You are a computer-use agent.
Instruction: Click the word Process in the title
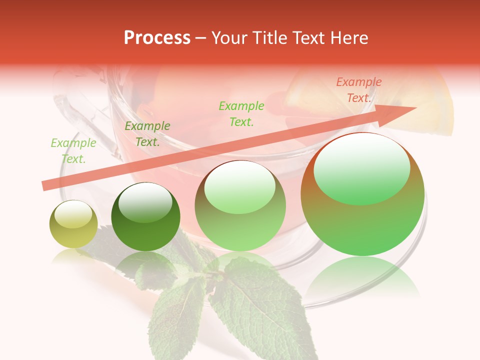click(x=157, y=38)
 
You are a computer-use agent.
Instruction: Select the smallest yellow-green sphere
click(x=73, y=224)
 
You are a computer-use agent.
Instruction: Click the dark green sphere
click(x=145, y=216)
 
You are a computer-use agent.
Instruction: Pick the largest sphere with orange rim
click(x=362, y=194)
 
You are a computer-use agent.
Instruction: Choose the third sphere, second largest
click(x=240, y=206)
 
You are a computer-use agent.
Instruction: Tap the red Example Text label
click(x=358, y=90)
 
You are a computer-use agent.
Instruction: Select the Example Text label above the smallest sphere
click(x=73, y=151)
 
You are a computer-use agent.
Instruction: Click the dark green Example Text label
click(x=147, y=134)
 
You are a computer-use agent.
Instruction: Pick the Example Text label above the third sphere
click(x=241, y=113)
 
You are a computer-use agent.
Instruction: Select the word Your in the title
click(x=228, y=38)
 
